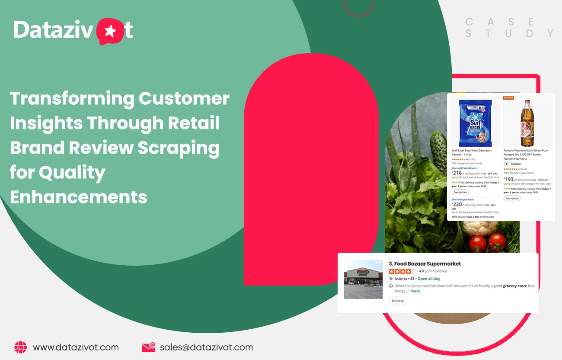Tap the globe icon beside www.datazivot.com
pyautogui.click(x=20, y=347)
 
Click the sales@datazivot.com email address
pyautogui.click(x=206, y=347)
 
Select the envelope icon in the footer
pyautogui.click(x=148, y=347)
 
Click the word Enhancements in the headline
pyautogui.click(x=79, y=197)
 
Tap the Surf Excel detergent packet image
pyautogui.click(x=475, y=122)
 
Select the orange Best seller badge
pyautogui.click(x=508, y=98)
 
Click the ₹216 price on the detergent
pyautogui.click(x=457, y=173)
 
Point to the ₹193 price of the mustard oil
pyautogui.click(x=508, y=179)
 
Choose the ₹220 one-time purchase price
pyautogui.click(x=457, y=204)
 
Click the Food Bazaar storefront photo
pyautogui.click(x=363, y=280)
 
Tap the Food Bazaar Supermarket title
pyautogui.click(x=425, y=264)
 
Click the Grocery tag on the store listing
pyautogui.click(x=398, y=301)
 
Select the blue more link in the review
pyautogui.click(x=415, y=291)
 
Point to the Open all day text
pyautogui.click(x=429, y=279)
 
